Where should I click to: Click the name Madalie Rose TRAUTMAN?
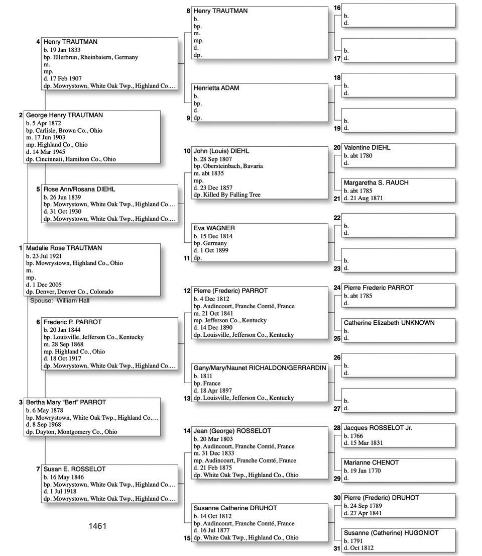click(x=64, y=248)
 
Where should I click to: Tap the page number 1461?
click(x=97, y=526)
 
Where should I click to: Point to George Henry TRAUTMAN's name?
click(x=64, y=116)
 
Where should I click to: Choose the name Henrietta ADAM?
click(x=216, y=88)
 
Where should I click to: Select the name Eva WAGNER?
click(x=214, y=228)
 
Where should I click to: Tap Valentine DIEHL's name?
click(x=367, y=148)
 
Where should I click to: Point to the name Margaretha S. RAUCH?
click(x=376, y=183)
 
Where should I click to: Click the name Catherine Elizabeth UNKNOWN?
click(x=389, y=323)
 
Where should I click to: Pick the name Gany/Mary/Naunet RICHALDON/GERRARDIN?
click(x=260, y=368)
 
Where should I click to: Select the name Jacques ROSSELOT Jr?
click(x=378, y=428)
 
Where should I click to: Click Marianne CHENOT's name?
click(x=371, y=463)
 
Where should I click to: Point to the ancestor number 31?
click(x=337, y=548)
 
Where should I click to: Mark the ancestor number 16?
click(x=337, y=8)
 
